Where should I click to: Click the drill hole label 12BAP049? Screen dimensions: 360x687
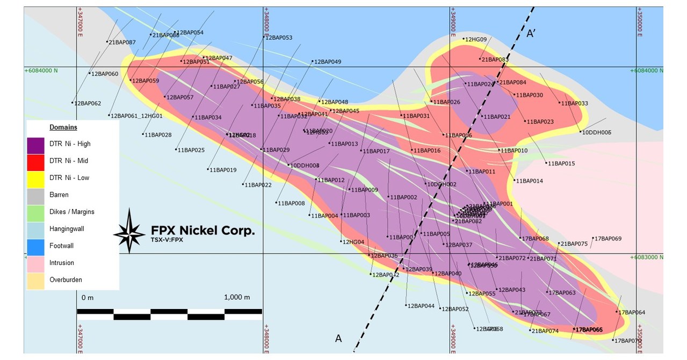point(328,62)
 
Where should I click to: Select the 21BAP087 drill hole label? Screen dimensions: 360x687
point(122,42)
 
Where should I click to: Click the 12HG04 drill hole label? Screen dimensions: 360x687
point(353,242)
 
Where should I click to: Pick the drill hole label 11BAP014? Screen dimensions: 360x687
point(529,181)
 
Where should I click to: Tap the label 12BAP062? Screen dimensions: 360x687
point(87,103)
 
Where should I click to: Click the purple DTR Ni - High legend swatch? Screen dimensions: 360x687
point(35,144)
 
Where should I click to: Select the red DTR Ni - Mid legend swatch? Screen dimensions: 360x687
point(35,161)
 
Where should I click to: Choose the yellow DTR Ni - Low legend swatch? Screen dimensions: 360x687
point(35,178)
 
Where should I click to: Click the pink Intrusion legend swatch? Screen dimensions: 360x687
point(35,263)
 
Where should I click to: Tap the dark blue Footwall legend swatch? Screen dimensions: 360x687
point(35,246)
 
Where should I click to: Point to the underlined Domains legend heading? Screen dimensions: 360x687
point(63,127)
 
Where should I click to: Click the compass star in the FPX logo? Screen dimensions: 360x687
point(129,232)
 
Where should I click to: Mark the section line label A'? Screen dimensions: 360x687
point(532,34)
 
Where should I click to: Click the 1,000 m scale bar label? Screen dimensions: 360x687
point(237,297)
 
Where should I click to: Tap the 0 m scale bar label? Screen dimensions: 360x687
point(87,297)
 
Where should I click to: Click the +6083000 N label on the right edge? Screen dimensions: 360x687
point(647,257)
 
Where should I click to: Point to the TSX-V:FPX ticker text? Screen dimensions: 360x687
point(163,240)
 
